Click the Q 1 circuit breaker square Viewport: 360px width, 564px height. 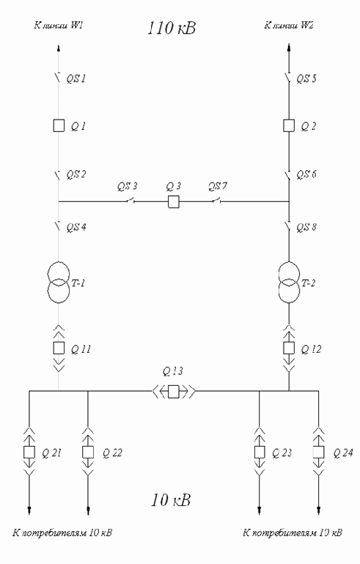click(59, 126)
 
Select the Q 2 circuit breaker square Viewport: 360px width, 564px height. click(289, 126)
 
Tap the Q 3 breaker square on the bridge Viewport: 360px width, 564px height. click(174, 202)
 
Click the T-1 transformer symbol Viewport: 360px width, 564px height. click(59, 283)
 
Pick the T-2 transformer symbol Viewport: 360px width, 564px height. click(289, 283)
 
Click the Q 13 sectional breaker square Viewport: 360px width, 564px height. click(174, 391)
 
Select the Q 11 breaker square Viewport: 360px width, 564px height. click(59, 348)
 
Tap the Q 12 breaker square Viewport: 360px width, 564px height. click(289, 348)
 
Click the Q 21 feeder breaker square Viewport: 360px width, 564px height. click(29, 452)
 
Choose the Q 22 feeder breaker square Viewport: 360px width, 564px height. click(88, 452)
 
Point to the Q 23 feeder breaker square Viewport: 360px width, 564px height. click(260, 452)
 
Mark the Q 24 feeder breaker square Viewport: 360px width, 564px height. click(318, 452)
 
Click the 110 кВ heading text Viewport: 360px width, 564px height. click(172, 28)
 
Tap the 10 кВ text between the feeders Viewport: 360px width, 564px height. click(171, 500)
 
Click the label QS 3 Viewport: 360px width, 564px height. click(128, 186)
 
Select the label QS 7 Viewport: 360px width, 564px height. click(218, 186)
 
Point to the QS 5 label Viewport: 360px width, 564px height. click(306, 78)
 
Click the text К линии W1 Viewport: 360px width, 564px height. click(59, 26)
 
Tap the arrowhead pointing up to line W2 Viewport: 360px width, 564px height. click(289, 47)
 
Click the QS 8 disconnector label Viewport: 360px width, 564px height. click(306, 227)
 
